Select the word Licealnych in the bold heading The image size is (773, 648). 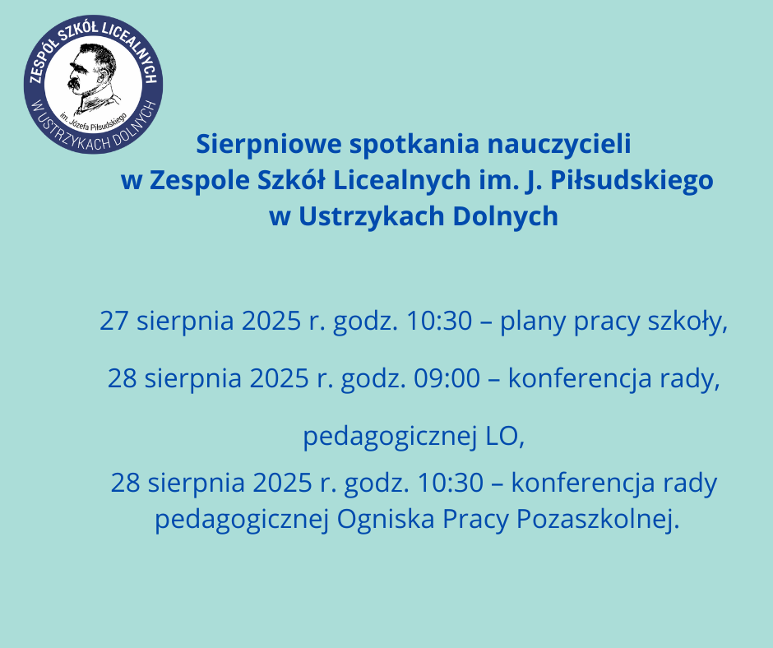[402, 181]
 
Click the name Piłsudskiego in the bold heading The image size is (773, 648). [632, 181]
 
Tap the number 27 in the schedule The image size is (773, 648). [113, 321]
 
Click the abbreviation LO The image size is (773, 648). [505, 437]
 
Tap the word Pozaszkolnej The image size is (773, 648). [598, 519]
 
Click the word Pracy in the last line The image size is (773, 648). [475, 520]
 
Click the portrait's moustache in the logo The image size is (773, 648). [76, 83]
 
